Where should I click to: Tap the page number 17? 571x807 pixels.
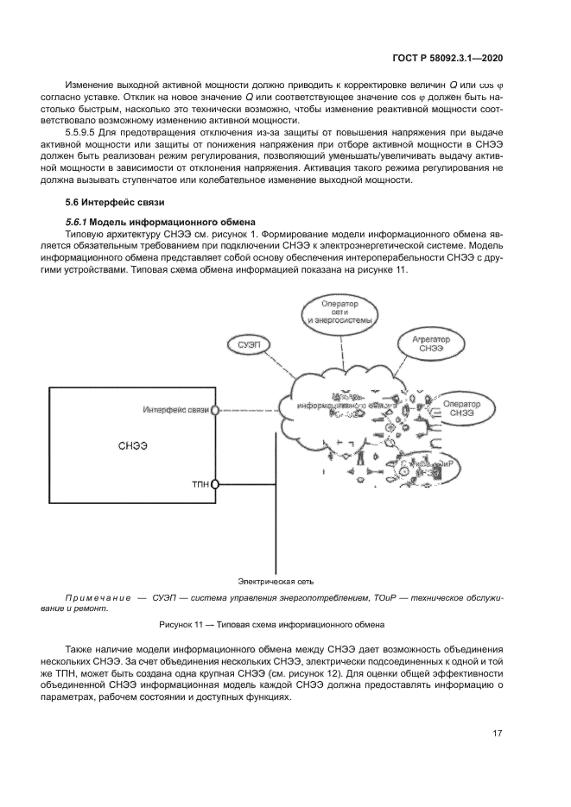498,734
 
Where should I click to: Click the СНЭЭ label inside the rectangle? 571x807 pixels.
131,446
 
